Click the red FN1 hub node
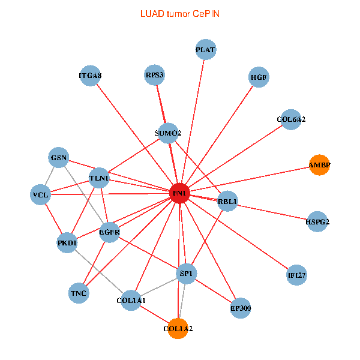tap(179, 193)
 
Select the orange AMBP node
tap(320, 164)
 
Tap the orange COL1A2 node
tap(178, 328)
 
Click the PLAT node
tap(206, 49)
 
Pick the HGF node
tap(259, 77)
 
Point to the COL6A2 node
tap(291, 119)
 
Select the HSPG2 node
tap(317, 221)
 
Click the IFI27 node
tap(297, 275)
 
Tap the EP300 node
tap(241, 308)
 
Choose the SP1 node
tap(186, 274)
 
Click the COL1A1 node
tap(131, 299)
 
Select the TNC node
tap(79, 293)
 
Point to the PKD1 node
tap(68, 243)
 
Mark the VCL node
tap(41, 194)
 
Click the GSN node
tap(59, 158)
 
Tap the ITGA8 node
tap(90, 76)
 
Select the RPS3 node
tap(155, 75)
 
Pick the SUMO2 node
tap(168, 133)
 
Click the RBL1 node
tap(228, 202)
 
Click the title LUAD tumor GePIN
tap(179, 13)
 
